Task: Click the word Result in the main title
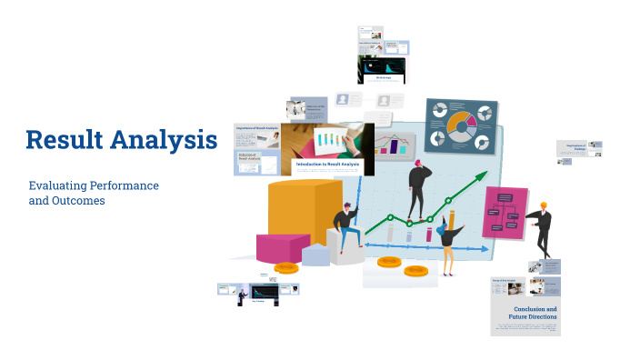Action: pos(66,140)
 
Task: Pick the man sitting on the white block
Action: pos(345,228)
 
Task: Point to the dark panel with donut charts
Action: pos(461,125)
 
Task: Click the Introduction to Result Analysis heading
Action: pos(327,165)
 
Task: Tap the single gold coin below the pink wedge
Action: pos(286,268)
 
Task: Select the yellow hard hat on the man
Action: pos(544,205)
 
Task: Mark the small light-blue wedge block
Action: pos(315,256)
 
